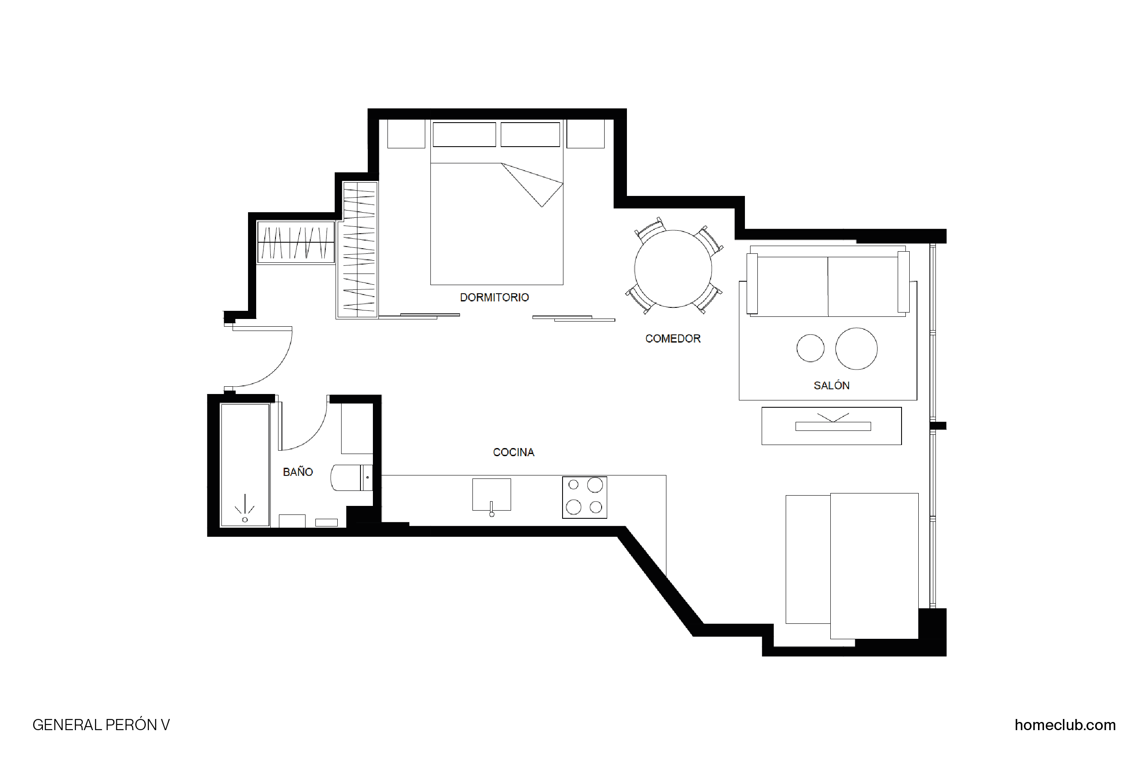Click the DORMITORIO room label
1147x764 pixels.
(494, 297)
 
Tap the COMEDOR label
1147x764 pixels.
(672, 339)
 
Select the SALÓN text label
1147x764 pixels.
(832, 385)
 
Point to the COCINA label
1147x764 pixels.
(514, 452)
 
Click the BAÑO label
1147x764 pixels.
(298, 472)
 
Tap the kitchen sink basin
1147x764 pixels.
(492, 495)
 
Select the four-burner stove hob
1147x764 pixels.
(584, 497)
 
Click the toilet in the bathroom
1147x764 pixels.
(351, 478)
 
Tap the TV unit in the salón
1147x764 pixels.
(832, 426)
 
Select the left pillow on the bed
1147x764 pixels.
(464, 135)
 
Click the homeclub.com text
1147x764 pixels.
(1065, 725)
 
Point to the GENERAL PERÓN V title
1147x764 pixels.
(101, 725)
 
